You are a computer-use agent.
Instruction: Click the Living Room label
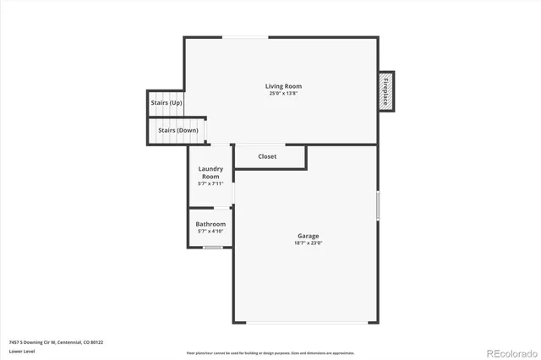point(283,86)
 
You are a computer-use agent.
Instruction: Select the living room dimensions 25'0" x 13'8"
point(283,93)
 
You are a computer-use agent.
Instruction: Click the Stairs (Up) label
point(167,102)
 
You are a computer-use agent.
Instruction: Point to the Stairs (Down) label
point(174,130)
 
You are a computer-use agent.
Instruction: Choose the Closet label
point(267,156)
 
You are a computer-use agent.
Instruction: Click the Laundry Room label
point(210,172)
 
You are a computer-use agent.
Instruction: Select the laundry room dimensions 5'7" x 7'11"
point(210,183)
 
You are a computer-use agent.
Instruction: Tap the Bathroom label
point(210,224)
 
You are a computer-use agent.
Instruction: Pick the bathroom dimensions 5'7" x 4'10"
point(210,231)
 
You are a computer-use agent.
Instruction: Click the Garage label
point(308,236)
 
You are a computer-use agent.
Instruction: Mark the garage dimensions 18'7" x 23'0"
point(308,243)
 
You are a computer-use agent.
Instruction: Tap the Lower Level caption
point(22,351)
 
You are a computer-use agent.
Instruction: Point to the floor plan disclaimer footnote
point(270,352)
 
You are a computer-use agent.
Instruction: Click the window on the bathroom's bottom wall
point(213,247)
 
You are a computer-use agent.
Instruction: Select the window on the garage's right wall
point(378,206)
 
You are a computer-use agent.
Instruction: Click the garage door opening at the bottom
point(307,322)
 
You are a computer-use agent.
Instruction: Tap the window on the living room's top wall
point(245,36)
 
